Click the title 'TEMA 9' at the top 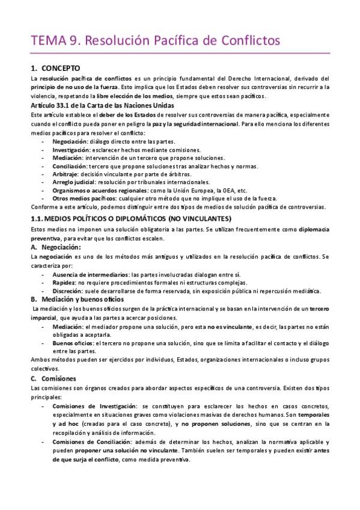click(x=56, y=41)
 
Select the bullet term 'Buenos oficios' click(x=73, y=343)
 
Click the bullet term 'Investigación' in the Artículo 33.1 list click(x=70, y=149)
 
